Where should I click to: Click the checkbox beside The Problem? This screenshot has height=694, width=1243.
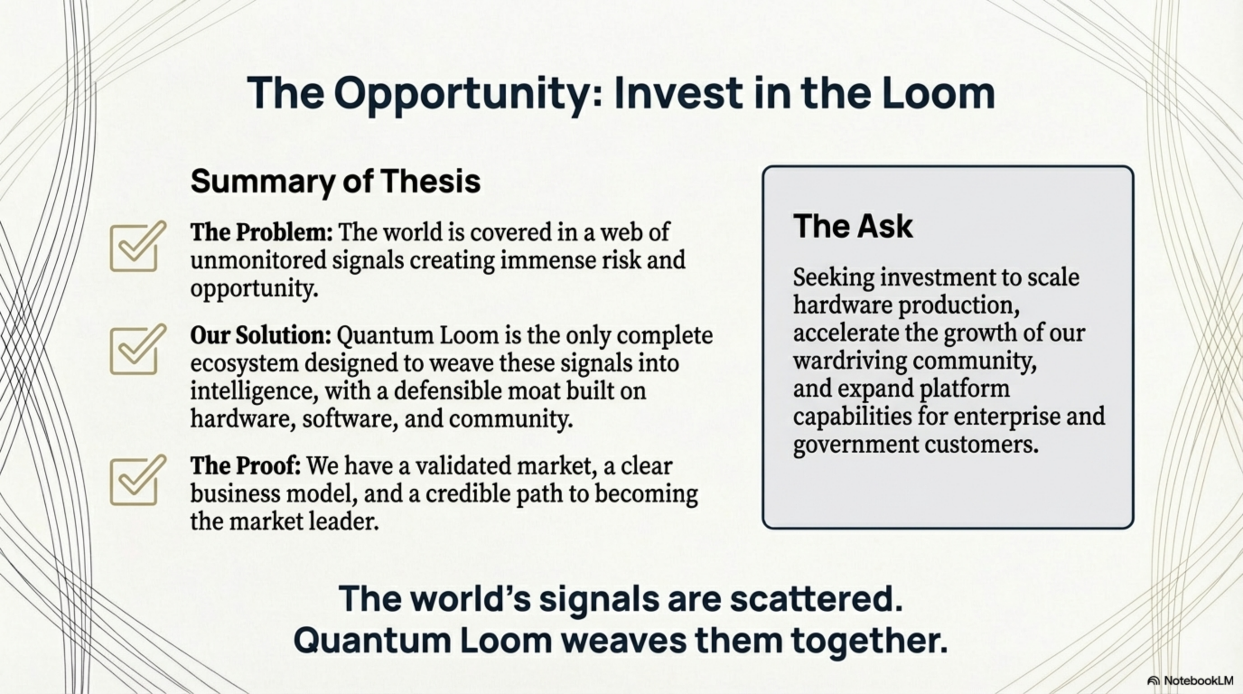(x=135, y=248)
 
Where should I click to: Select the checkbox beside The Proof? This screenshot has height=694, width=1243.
(x=135, y=482)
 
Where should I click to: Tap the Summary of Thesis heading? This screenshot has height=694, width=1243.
(x=335, y=181)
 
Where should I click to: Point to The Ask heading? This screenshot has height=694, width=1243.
(x=853, y=226)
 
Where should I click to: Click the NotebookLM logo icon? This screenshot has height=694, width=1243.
(x=1153, y=680)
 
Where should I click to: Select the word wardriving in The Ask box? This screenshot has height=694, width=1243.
(x=849, y=361)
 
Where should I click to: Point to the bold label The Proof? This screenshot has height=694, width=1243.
(x=246, y=466)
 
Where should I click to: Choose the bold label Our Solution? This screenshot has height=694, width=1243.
(x=261, y=335)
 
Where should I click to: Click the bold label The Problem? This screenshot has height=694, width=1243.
(x=262, y=232)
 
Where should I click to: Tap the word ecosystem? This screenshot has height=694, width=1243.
(x=244, y=363)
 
